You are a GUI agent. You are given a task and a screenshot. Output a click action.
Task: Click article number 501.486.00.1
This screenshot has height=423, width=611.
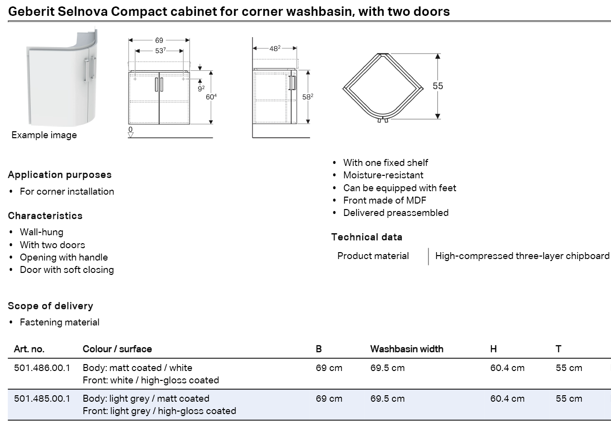tap(42, 368)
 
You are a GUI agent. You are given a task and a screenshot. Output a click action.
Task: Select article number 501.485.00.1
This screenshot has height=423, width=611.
tap(42, 399)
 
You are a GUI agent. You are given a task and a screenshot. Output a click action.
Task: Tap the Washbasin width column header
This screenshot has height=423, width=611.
tap(407, 349)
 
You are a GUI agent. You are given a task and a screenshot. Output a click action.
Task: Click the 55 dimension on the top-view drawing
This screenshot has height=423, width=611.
tap(438, 86)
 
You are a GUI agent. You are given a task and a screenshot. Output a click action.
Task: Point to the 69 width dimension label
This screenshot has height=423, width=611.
tap(159, 40)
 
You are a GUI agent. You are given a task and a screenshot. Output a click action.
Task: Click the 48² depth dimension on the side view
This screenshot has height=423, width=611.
tap(275, 49)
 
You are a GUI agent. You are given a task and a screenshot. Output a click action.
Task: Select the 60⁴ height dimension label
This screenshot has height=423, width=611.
tap(211, 97)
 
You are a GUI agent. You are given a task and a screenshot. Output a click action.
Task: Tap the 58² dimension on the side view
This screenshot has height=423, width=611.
tap(307, 97)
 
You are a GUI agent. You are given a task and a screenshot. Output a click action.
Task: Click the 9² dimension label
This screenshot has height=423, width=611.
tap(201, 89)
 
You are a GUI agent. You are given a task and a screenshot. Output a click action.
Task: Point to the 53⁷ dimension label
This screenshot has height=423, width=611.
tap(160, 51)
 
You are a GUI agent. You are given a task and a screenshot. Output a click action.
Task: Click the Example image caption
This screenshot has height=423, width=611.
tap(44, 135)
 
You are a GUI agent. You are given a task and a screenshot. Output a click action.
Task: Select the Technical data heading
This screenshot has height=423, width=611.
tap(367, 237)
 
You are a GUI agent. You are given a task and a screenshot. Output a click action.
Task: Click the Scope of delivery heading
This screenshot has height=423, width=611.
tap(51, 306)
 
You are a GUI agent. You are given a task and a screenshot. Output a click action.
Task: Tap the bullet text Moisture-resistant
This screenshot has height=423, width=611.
tap(383, 175)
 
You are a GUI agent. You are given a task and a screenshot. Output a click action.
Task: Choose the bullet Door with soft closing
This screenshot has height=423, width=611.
tap(67, 269)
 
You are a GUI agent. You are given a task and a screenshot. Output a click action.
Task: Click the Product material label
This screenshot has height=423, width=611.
tap(373, 256)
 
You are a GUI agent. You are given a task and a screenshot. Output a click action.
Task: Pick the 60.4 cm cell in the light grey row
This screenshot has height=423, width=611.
tap(507, 399)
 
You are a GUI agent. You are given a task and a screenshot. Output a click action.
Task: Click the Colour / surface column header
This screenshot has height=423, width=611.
tap(117, 349)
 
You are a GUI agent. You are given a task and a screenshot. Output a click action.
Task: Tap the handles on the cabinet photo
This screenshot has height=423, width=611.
tap(90, 69)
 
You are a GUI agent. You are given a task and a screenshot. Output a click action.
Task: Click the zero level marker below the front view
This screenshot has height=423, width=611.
tap(130, 132)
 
